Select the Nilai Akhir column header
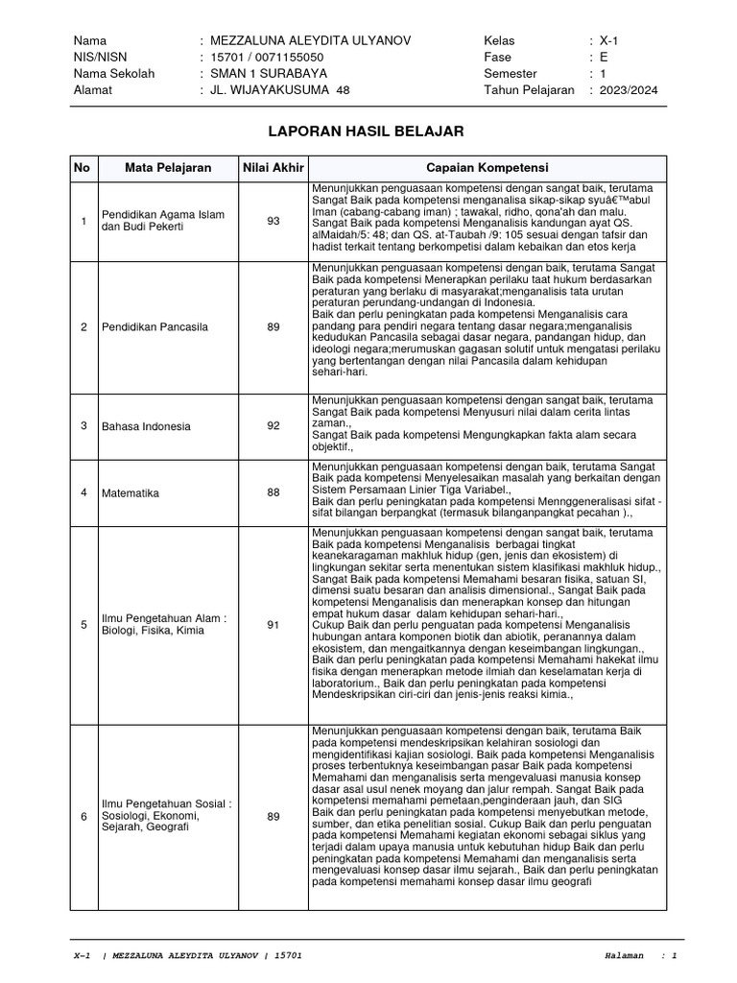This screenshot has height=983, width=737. click(273, 168)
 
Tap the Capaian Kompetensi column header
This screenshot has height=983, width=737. click(487, 168)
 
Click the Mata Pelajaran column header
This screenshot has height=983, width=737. click(168, 168)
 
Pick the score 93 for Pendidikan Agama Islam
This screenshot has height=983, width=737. click(273, 221)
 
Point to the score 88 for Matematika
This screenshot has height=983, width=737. click(273, 492)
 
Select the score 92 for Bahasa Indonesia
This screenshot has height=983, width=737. click(273, 426)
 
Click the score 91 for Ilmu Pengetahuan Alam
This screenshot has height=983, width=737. click(273, 625)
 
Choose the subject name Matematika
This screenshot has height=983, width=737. click(131, 492)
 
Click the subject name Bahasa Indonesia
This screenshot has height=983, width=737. click(146, 426)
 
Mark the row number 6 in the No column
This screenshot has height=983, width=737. click(83, 817)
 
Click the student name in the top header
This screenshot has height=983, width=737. click(313, 41)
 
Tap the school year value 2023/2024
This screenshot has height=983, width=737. click(629, 90)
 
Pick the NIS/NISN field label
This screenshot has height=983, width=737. click(101, 58)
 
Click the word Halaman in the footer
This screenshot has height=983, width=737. click(629, 956)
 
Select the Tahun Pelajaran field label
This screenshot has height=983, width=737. click(530, 90)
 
